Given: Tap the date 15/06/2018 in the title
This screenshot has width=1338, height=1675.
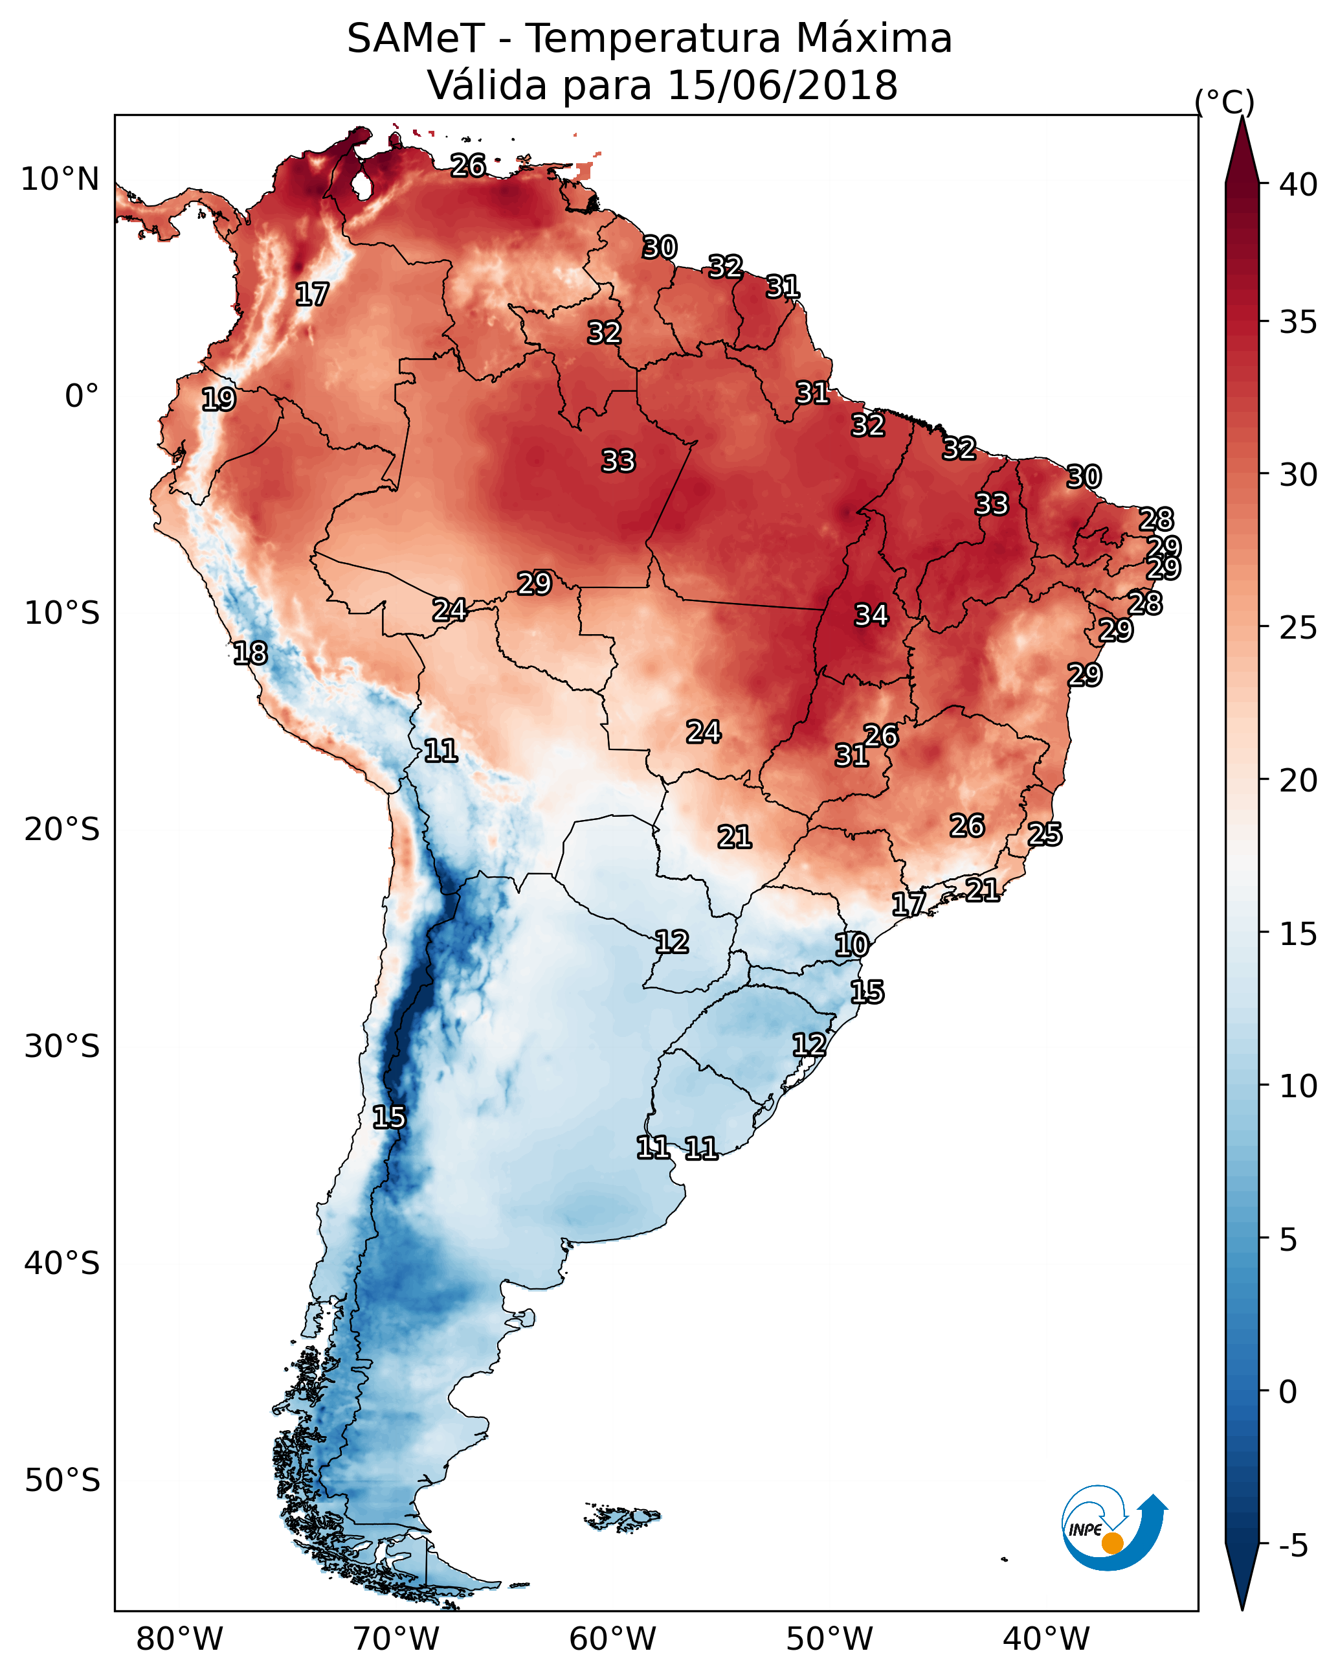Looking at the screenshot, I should [x=782, y=85].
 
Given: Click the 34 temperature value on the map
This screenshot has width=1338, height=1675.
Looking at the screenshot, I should [x=871, y=615].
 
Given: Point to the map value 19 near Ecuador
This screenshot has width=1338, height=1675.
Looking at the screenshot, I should [x=218, y=400].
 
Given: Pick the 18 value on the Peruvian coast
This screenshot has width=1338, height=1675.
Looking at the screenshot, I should [x=250, y=654].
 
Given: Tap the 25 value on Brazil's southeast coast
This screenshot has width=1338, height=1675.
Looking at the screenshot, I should [x=1045, y=834].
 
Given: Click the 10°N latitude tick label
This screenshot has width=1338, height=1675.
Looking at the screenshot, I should [x=60, y=179].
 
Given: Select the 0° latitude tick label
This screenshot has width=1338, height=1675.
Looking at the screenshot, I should [x=82, y=396].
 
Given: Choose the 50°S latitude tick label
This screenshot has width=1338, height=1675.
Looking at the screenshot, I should [x=62, y=1481].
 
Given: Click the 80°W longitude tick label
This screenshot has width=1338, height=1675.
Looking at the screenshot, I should [x=179, y=1639].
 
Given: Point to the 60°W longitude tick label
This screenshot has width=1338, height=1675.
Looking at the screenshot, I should [x=613, y=1639].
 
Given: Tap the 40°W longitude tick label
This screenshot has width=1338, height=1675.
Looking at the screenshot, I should [x=1046, y=1639].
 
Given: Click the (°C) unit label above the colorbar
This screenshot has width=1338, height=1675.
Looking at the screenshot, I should [x=1224, y=102].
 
